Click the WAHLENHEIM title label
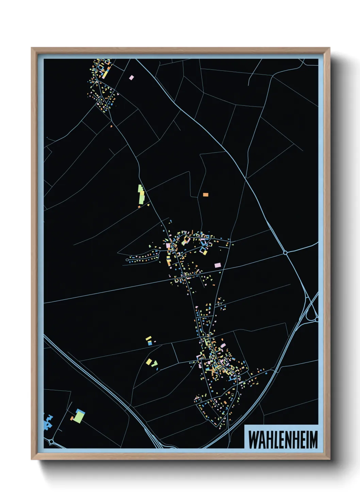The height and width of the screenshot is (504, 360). coord(283,440)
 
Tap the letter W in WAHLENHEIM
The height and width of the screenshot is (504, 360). coord(253,440)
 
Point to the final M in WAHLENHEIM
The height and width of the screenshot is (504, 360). coord(313,440)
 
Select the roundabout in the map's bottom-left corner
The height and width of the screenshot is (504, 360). coord(52,442)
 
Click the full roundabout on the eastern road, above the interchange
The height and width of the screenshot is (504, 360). coord(285,253)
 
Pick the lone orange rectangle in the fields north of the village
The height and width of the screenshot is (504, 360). coord(206,195)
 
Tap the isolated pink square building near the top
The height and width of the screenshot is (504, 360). coord(131,78)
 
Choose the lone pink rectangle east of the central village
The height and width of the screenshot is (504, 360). coord(217,265)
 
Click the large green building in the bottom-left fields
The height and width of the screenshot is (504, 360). coord(79,417)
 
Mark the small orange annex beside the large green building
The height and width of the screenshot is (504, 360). coord(72,418)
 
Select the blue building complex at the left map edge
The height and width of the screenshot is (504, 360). coord(48,422)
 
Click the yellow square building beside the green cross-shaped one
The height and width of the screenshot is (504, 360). coord(149,361)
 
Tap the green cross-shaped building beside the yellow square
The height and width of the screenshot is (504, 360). coord(155,364)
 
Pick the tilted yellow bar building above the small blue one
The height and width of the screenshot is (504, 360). coord(148,338)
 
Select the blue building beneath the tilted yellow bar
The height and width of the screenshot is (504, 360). coord(150,344)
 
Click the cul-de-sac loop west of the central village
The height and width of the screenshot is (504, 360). coord(127,260)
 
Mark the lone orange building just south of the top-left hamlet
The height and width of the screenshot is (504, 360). coord(111,126)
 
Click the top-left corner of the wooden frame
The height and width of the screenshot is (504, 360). coord(32,48)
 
